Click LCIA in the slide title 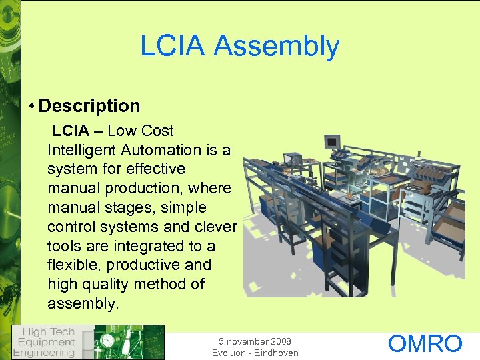click(174, 46)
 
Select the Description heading click(89, 106)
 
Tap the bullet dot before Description click(32, 106)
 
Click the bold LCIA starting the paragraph click(70, 131)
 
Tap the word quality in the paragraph click(105, 284)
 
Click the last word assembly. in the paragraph click(81, 303)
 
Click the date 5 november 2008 click(255, 341)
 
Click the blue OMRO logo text click(425, 344)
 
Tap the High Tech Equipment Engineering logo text click(45, 342)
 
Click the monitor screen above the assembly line click(331, 141)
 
